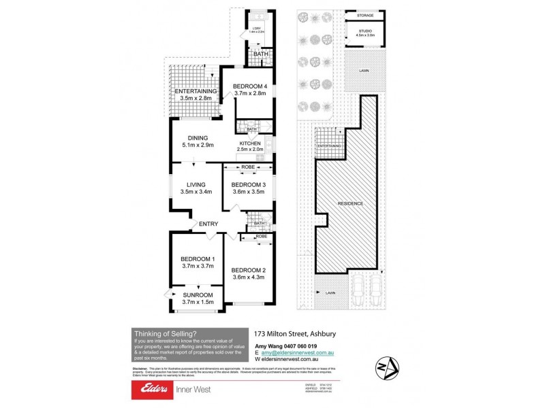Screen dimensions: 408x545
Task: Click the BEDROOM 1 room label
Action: (198, 258)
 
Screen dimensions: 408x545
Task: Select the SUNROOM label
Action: (198, 294)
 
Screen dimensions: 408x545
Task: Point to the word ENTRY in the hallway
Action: (208, 224)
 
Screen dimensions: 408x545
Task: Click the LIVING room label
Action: (197, 184)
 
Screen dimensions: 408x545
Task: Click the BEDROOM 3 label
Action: (249, 184)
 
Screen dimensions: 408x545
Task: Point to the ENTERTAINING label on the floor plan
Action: (196, 91)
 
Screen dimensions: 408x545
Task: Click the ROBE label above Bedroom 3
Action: (248, 165)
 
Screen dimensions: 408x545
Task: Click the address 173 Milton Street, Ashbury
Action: (295, 334)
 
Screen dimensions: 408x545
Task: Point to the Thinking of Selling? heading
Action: (164, 333)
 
